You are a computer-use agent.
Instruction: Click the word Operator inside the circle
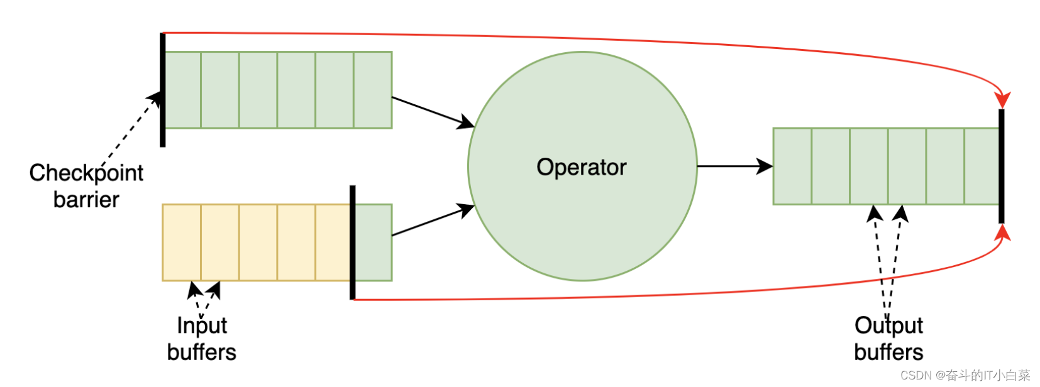[x=581, y=167]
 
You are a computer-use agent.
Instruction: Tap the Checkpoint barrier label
[x=86, y=186]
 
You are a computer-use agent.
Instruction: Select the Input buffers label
[x=201, y=339]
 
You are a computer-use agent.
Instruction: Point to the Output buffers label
[x=888, y=339]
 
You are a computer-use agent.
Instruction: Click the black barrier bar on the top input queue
[x=163, y=90]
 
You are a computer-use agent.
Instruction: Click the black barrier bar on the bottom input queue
[x=353, y=242]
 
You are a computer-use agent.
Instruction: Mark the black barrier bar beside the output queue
[x=1001, y=166]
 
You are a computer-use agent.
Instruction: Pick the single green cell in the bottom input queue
[x=373, y=243]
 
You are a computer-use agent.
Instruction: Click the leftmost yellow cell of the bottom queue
[x=182, y=243]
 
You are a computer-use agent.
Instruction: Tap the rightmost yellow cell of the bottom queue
[x=333, y=243]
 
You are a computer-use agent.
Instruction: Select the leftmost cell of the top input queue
[x=183, y=90]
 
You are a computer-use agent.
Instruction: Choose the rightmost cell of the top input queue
[x=373, y=90]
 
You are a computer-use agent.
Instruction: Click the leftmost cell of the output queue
[x=792, y=166]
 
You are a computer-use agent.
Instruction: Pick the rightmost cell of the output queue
[x=981, y=166]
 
